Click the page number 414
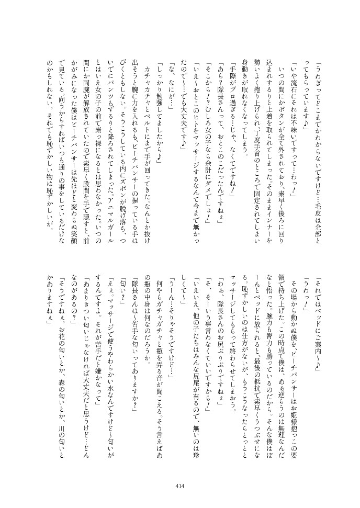pyautogui.click(x=180, y=486)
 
